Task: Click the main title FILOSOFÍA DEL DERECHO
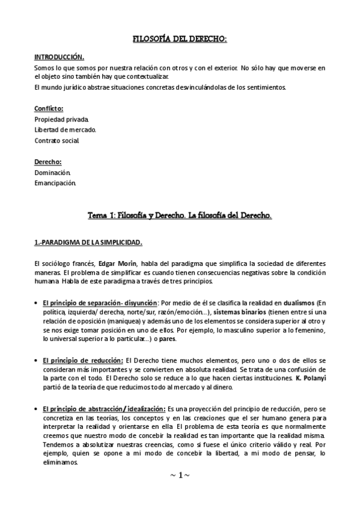click(x=179, y=39)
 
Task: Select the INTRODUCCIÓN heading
click(x=59, y=57)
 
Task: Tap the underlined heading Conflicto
click(x=49, y=109)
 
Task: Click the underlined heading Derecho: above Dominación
click(x=47, y=162)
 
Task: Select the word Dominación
click(x=53, y=173)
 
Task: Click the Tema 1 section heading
click(x=179, y=215)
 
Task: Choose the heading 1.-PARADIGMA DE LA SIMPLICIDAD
click(x=87, y=242)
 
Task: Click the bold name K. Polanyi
click(x=310, y=379)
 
